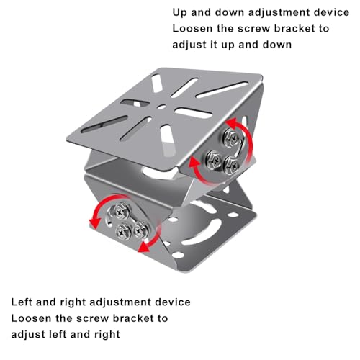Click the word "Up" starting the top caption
(179, 12)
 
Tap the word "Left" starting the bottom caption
(22, 302)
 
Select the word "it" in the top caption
(214, 45)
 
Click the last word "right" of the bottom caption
(107, 335)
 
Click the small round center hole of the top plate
(161, 107)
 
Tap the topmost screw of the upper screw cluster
(232, 138)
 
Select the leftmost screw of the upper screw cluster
(214, 159)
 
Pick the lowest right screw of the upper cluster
(231, 165)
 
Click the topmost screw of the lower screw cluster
(122, 212)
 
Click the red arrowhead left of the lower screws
(94, 222)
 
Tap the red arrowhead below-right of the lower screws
(145, 246)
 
